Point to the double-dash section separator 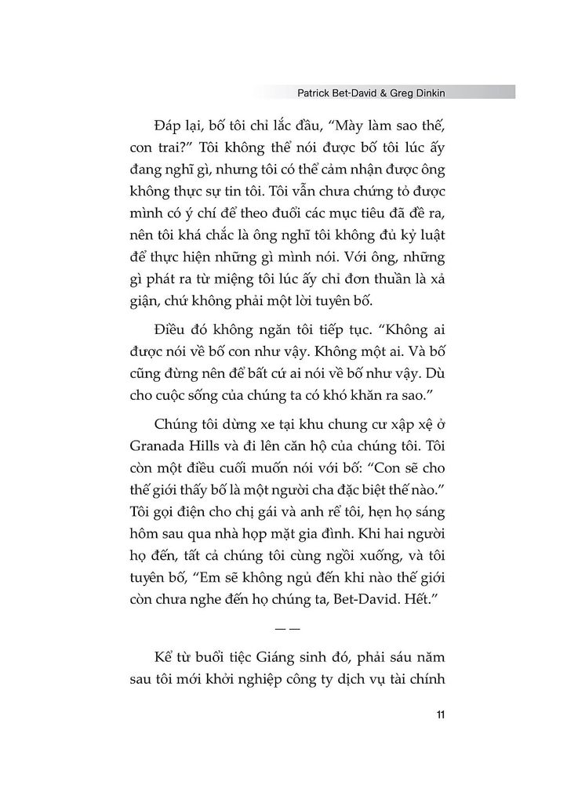tap(284, 629)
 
